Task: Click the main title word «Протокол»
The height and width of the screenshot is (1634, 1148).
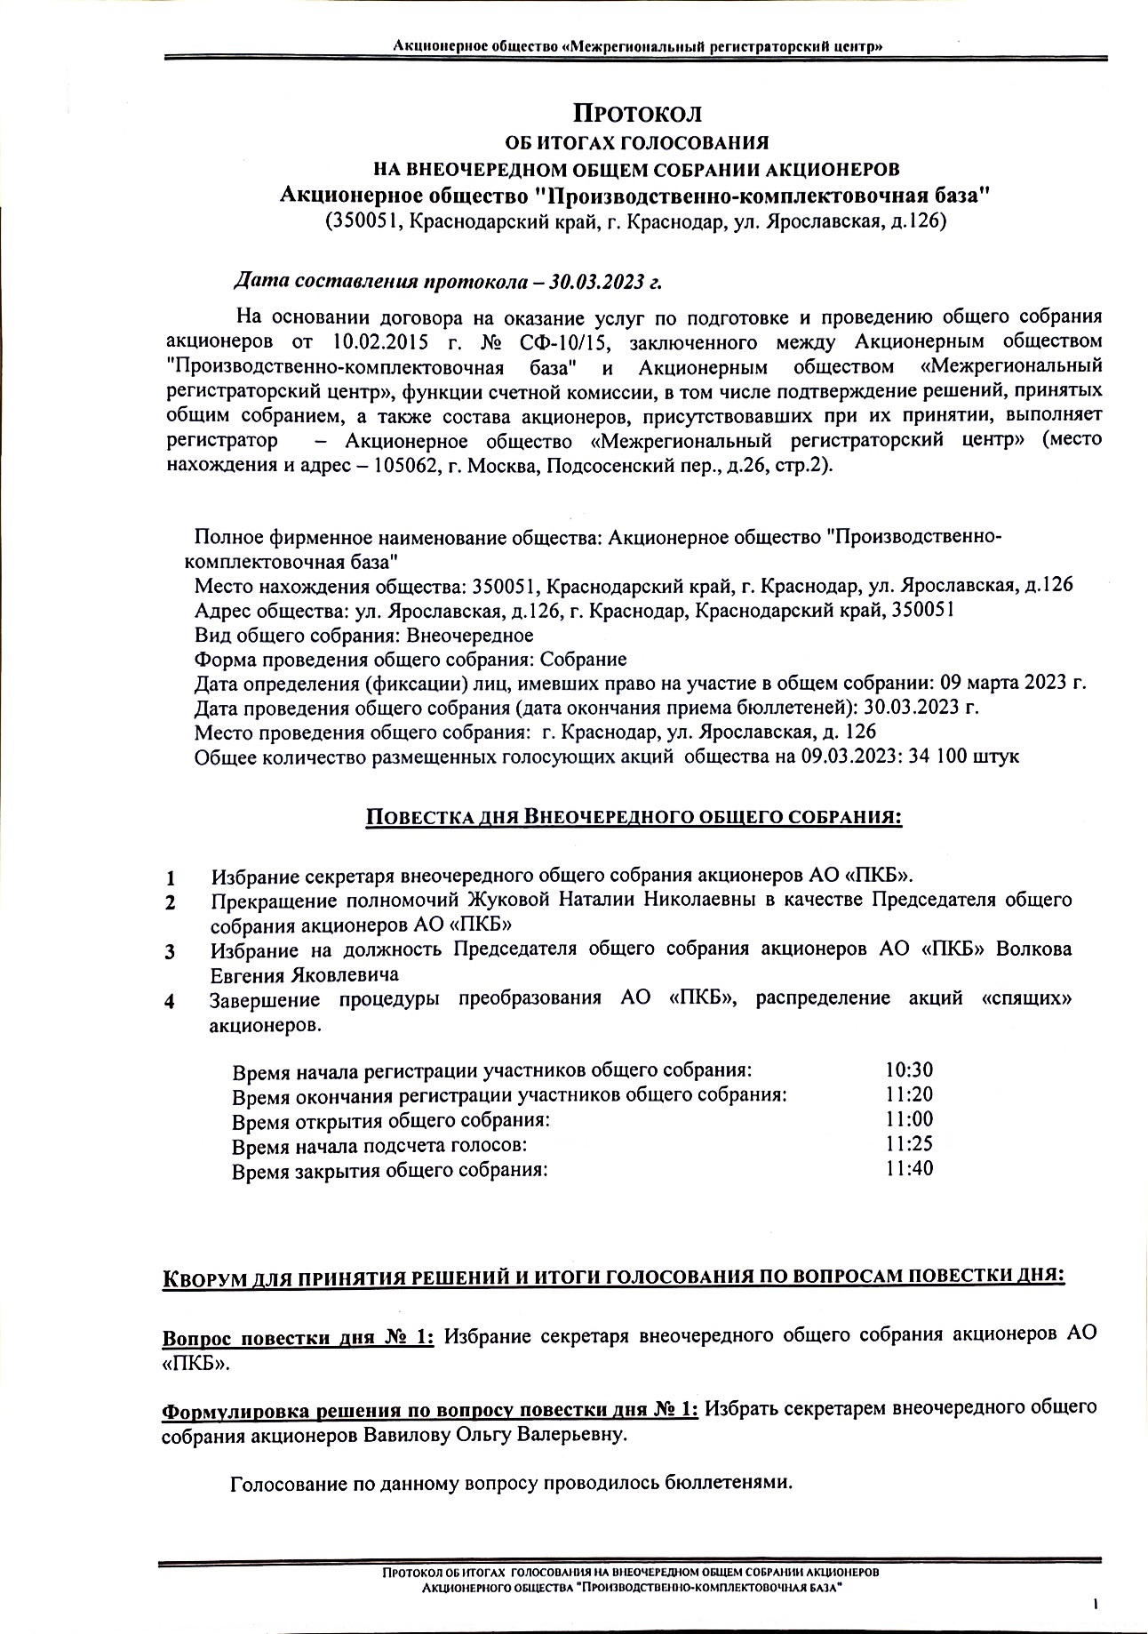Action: click(637, 114)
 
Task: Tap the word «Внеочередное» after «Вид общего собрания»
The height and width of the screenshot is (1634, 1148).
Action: click(469, 635)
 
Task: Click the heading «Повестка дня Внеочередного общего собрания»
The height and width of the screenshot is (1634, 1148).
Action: click(634, 817)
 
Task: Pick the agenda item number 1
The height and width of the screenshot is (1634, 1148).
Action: click(170, 878)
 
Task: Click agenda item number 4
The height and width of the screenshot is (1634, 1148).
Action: click(169, 1001)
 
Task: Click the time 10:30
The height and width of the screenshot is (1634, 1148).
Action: click(909, 1070)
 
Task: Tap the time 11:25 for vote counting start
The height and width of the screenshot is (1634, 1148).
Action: click(909, 1144)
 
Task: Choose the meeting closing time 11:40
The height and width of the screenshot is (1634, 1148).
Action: click(909, 1168)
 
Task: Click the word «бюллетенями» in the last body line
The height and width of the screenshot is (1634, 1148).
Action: click(728, 1484)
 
